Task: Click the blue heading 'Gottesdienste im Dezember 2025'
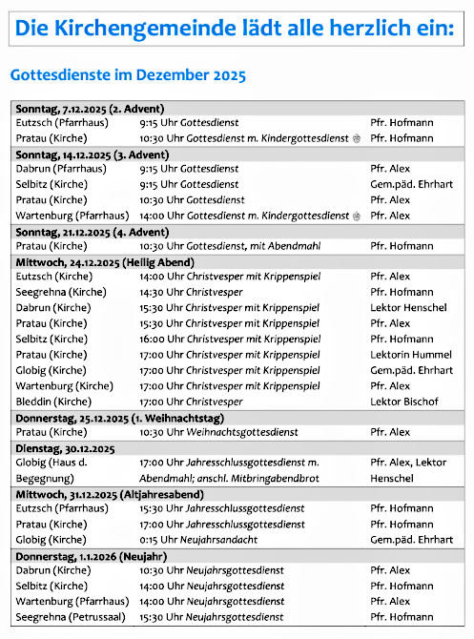tap(127, 74)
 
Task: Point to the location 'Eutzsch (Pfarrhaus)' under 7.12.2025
tap(62, 123)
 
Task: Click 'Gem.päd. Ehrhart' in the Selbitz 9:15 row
tap(411, 184)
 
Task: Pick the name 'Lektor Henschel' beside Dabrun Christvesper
tap(408, 307)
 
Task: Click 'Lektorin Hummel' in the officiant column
tap(409, 354)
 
